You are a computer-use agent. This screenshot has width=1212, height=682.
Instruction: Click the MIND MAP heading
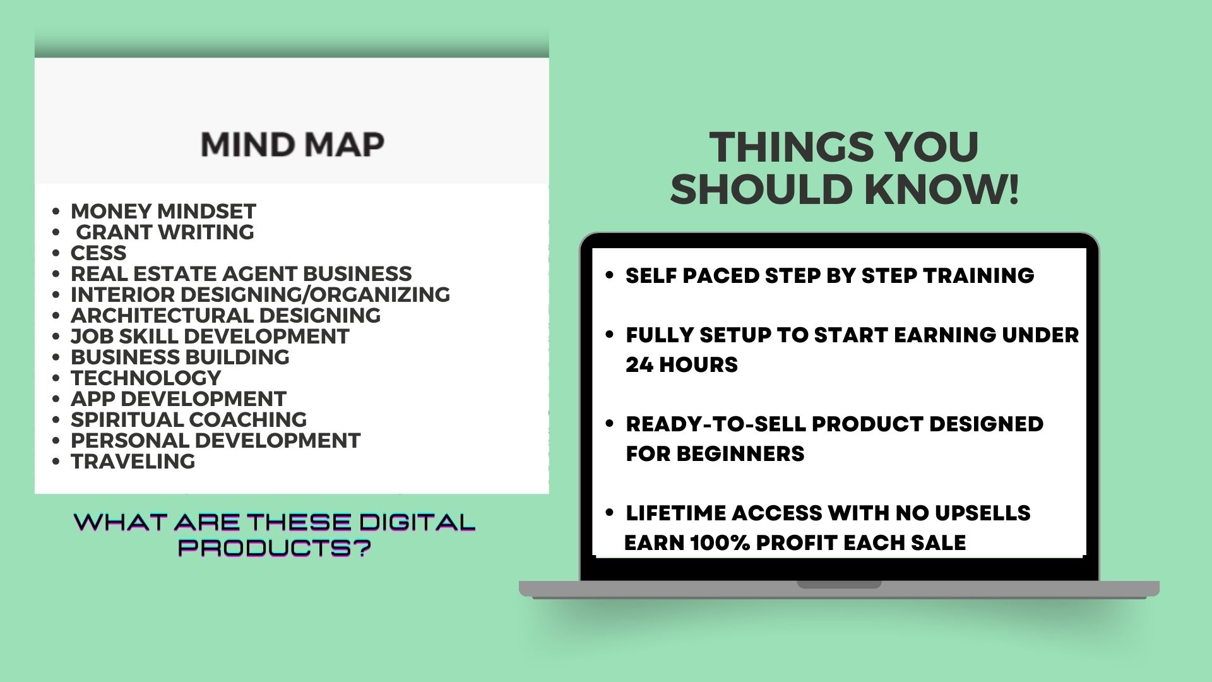[292, 145]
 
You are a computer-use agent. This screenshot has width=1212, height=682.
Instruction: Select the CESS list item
[98, 253]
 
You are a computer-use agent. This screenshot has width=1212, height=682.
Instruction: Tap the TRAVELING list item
[133, 461]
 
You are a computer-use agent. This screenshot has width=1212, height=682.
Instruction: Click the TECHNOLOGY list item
[146, 378]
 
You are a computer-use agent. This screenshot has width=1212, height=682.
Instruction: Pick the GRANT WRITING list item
[165, 232]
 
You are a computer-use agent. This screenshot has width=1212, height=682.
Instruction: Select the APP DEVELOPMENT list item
[179, 398]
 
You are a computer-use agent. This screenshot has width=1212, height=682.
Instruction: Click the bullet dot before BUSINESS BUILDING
[57, 357]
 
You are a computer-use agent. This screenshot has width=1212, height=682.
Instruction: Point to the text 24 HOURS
[682, 364]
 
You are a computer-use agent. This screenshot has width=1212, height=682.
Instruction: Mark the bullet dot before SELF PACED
[609, 275]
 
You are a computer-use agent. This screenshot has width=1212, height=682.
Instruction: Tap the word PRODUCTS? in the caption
[274, 547]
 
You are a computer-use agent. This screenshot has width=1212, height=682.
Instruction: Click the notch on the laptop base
[839, 585]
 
